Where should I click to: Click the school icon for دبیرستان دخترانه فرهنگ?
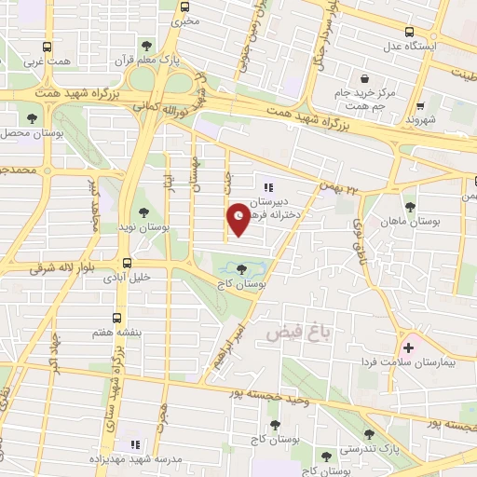click(270, 187)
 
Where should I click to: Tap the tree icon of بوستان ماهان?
click(409, 207)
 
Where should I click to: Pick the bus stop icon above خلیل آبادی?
click(127, 264)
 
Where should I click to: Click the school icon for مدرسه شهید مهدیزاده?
click(134, 445)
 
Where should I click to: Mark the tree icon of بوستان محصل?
click(33, 118)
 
